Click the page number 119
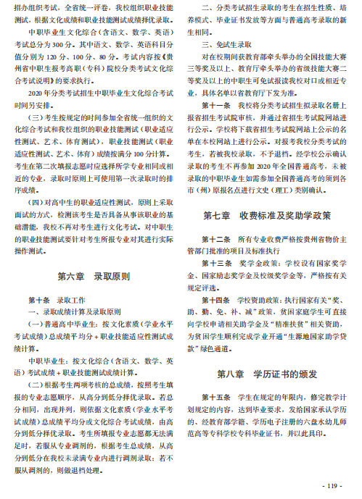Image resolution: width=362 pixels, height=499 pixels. click(333, 485)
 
